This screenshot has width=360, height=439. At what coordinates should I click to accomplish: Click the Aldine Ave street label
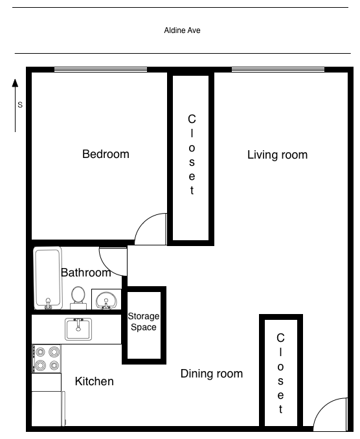182,30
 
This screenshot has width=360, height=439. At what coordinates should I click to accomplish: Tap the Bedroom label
106,154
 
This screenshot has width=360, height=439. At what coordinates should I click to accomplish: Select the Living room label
277,155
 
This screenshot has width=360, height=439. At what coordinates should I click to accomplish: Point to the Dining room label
211,374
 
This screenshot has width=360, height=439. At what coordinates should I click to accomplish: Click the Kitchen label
95,381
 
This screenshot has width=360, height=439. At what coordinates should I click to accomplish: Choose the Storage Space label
144,321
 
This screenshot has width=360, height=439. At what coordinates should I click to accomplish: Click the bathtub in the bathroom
48,278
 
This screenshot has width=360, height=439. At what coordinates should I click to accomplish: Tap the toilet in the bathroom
78,298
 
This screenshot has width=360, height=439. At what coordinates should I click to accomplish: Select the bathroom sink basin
106,300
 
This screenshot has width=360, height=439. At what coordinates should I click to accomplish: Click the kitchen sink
78,329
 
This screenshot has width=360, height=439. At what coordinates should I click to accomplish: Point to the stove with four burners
46,359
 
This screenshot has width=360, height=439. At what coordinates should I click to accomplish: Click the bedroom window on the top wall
100,69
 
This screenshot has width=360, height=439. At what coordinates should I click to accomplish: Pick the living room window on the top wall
278,69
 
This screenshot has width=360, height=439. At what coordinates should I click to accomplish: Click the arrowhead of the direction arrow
15,83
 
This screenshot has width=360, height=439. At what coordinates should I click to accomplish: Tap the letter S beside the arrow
20,104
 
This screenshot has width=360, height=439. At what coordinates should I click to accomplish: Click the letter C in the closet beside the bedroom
192,119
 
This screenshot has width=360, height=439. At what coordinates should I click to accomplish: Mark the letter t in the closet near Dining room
280,409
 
